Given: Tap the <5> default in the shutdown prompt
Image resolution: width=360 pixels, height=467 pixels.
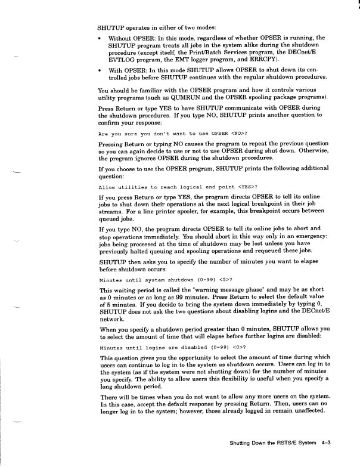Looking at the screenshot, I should [x=222, y=279].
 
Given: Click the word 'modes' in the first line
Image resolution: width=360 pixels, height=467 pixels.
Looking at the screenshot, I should [x=204, y=27].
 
